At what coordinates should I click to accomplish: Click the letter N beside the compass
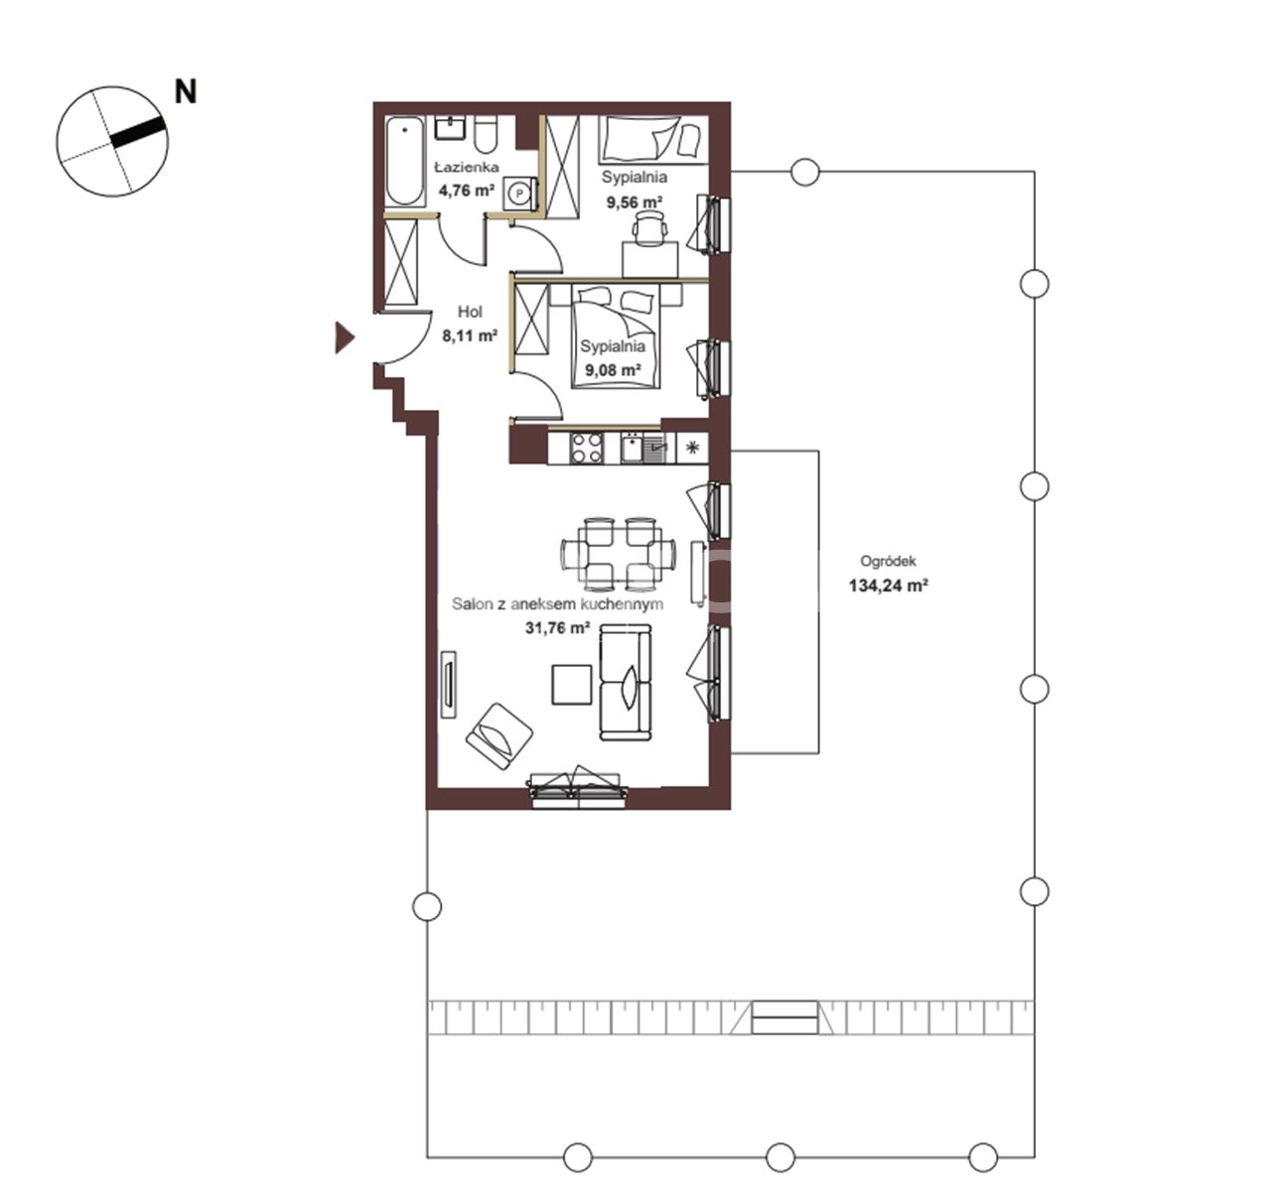186,91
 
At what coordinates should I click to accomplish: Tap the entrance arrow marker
345,337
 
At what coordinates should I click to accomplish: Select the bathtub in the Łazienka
405,162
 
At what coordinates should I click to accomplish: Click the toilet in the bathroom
486,134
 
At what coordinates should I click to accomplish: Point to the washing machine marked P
518,193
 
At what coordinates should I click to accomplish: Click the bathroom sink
449,128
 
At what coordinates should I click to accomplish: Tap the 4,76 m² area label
467,191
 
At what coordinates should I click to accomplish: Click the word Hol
470,312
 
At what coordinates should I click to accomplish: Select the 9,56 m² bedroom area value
635,202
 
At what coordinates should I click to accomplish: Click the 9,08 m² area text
613,370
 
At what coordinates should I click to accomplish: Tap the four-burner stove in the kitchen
587,449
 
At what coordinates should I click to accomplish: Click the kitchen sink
643,449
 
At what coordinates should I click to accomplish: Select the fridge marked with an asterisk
692,448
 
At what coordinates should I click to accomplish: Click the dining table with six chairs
619,554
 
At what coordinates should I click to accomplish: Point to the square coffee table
572,685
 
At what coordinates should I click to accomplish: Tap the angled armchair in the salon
499,734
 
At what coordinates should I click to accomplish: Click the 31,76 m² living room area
558,627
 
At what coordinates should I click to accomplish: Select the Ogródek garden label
888,562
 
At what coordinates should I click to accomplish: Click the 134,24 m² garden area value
888,586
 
